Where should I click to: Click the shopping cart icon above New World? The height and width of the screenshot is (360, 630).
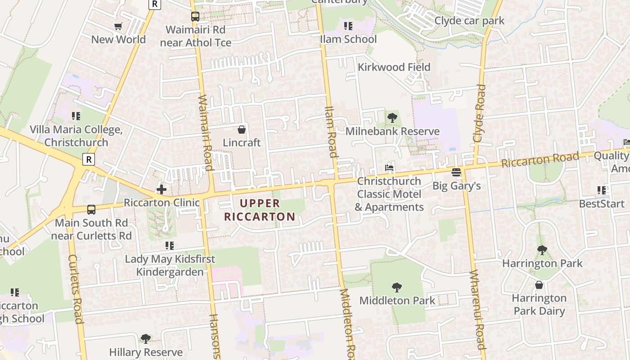(x=118, y=27)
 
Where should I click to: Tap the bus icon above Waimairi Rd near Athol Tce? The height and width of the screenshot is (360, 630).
(x=195, y=17)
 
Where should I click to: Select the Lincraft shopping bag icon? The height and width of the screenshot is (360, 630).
(x=242, y=130)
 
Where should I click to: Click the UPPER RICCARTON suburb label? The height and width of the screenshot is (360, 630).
(x=260, y=210)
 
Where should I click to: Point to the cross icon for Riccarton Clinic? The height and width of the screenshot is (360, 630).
(x=162, y=189)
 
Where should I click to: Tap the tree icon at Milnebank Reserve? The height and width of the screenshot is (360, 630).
(x=392, y=118)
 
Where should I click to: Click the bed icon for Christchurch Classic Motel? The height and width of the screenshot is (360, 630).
(x=389, y=168)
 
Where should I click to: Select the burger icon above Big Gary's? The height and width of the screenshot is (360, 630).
(x=456, y=172)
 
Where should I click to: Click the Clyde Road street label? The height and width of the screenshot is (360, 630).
(x=480, y=113)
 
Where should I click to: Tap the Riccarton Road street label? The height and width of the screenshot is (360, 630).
(x=540, y=160)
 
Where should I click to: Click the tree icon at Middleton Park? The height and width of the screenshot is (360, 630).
(x=396, y=287)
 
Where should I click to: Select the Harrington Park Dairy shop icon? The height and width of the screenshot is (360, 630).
(x=539, y=285)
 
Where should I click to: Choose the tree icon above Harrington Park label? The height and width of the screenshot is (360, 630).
(x=542, y=250)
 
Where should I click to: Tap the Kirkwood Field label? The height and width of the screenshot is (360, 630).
(x=394, y=67)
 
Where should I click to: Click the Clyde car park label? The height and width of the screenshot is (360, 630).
(x=469, y=21)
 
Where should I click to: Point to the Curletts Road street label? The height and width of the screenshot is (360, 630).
(x=76, y=289)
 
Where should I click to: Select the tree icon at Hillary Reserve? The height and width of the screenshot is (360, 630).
(x=145, y=338)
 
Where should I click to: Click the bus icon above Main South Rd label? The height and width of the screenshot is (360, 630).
(x=91, y=210)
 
